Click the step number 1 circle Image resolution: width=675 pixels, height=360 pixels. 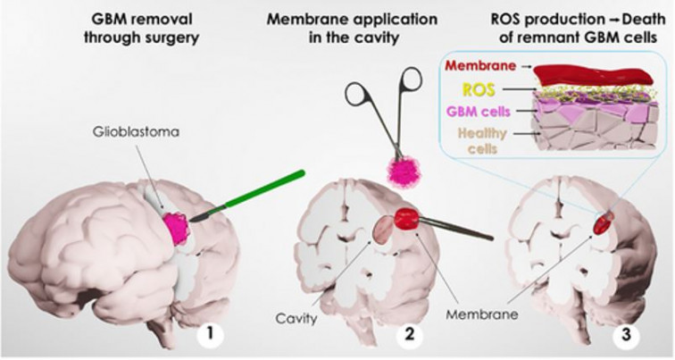point(210,337)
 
